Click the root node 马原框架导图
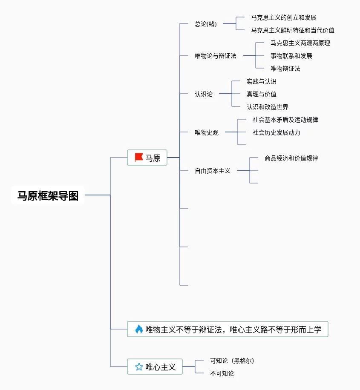pyautogui.click(x=48, y=195)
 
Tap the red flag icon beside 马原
pyautogui.click(x=138, y=158)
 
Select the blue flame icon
pyautogui.click(x=139, y=329)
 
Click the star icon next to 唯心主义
pyautogui.click(x=139, y=367)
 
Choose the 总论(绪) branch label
pyautogui.click(x=206, y=24)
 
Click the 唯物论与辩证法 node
pyautogui.click(x=215, y=56)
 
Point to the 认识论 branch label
pyautogui.click(x=204, y=94)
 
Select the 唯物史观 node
pyautogui.click(x=207, y=132)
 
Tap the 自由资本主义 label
pyautogui.click(x=213, y=171)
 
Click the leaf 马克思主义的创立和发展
pyautogui.click(x=284, y=17)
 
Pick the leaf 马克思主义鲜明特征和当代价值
pyautogui.click(x=293, y=30)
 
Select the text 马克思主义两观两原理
pyautogui.click(x=300, y=43)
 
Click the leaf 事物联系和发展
pyautogui.click(x=291, y=56)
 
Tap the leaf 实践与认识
pyautogui.click(x=262, y=81)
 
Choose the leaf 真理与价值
pyautogui.click(x=262, y=94)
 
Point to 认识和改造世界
pyautogui.click(x=268, y=107)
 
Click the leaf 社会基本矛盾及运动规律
pyautogui.click(x=285, y=120)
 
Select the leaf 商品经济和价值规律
pyautogui.click(x=291, y=158)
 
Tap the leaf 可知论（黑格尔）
pyautogui.click(x=232, y=360)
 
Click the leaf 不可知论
pyautogui.click(x=222, y=373)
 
